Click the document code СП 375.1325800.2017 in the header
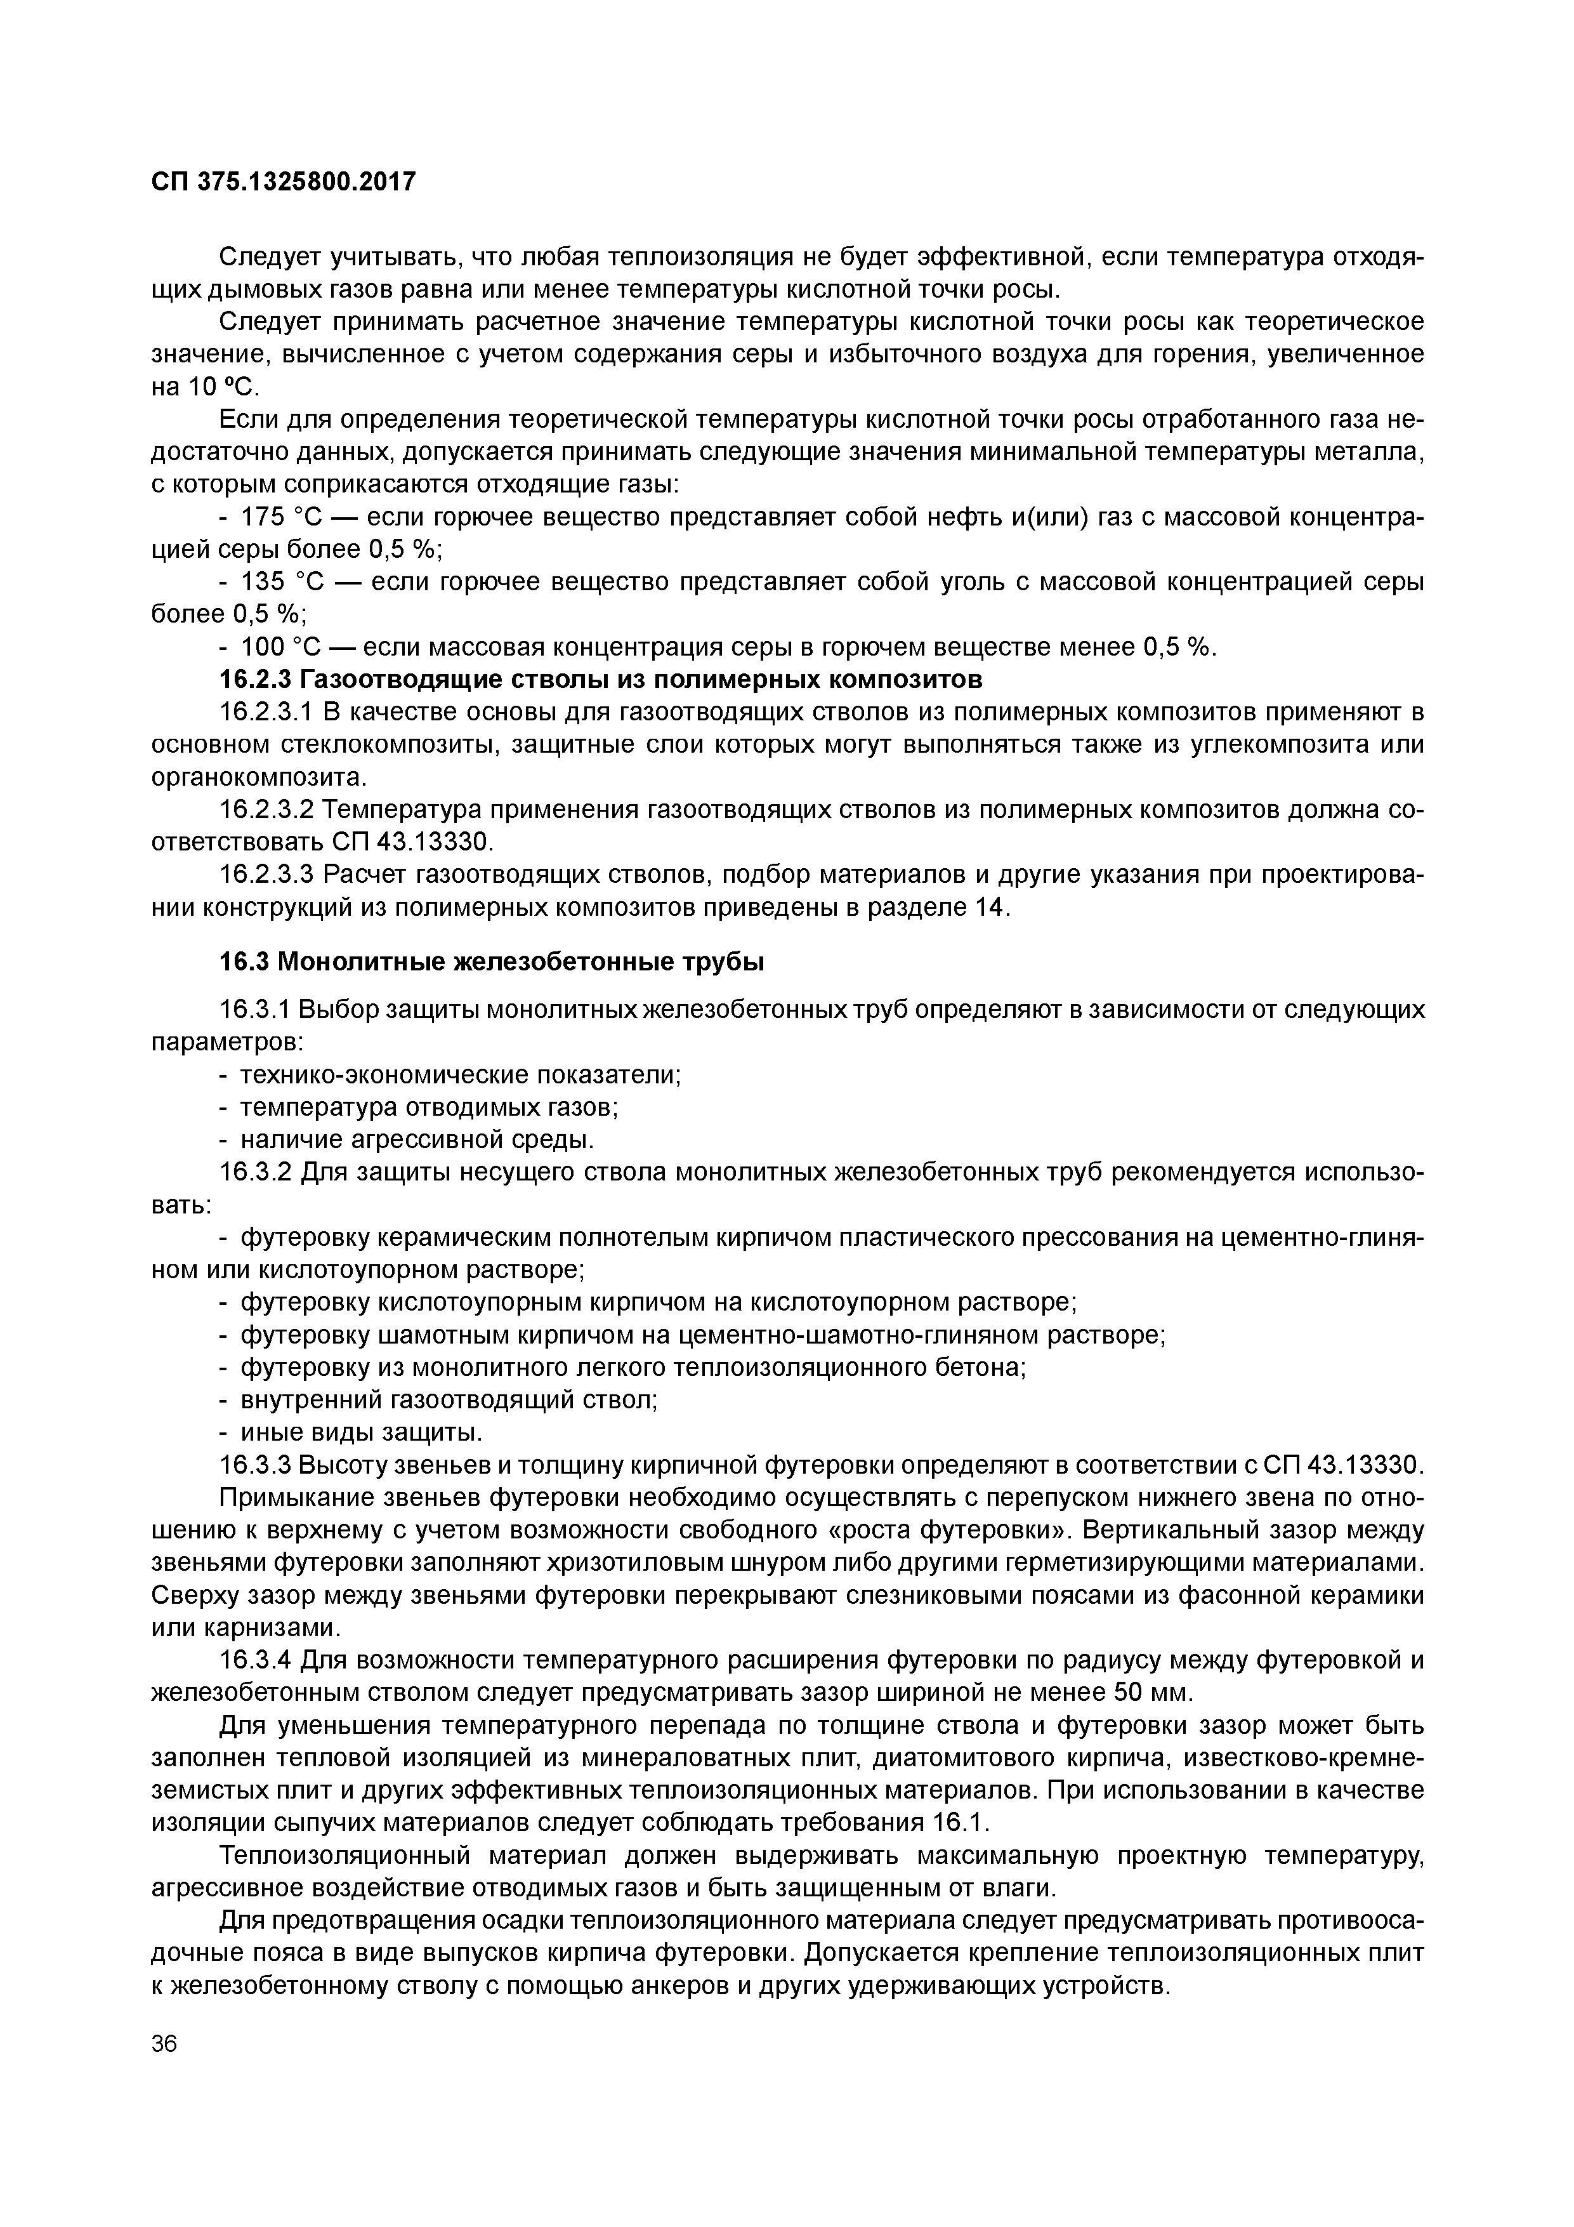point(283,182)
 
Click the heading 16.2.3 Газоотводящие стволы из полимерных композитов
point(601,678)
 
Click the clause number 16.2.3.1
point(265,713)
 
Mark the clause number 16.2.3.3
point(265,875)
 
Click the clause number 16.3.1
point(254,1010)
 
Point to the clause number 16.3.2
point(254,1173)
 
